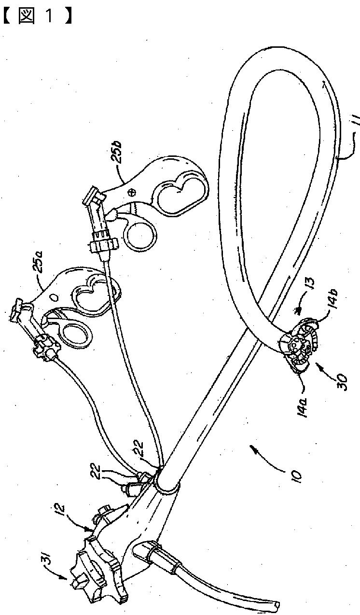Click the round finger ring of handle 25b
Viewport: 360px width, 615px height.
pos(140,232)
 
